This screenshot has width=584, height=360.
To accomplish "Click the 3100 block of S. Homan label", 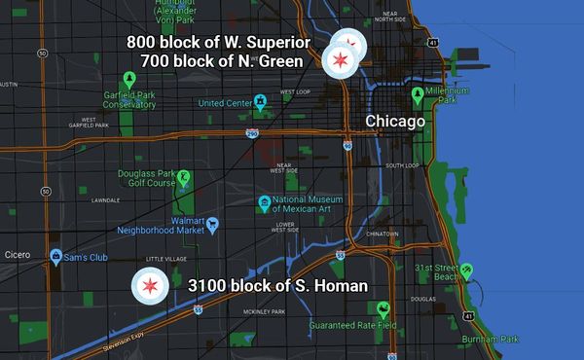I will click(277, 286).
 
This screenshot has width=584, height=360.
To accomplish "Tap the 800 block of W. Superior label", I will click(218, 43).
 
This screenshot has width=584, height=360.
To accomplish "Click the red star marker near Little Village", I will click(150, 286).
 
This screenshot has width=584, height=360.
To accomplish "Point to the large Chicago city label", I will click(395, 122).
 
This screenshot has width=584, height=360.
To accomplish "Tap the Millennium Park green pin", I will click(418, 95).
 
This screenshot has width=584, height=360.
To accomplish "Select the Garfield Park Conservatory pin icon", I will click(128, 80).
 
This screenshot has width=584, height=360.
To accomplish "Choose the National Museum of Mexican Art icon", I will click(264, 203).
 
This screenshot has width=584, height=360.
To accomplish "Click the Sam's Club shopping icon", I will click(56, 256).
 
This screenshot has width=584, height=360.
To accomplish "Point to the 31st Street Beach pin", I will click(467, 270).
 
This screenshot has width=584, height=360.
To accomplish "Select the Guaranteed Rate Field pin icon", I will click(384, 311).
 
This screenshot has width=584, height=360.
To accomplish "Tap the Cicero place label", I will click(18, 256).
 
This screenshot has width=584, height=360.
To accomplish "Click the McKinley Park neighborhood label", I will click(264, 312).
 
